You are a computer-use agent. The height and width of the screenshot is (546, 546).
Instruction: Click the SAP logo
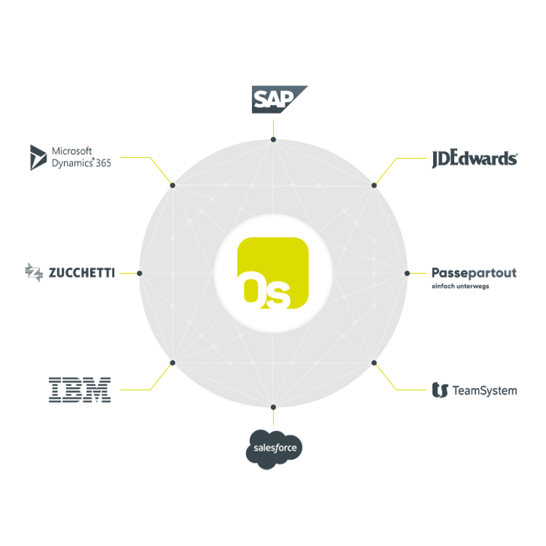pos(280,100)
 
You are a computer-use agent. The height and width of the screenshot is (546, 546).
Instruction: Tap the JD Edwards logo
pos(475,159)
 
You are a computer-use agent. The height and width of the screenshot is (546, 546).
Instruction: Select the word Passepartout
pos(474,273)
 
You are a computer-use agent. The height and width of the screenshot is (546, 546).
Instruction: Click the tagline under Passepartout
pos(460,286)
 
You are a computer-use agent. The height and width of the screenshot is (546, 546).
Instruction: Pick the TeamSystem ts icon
pos(440,390)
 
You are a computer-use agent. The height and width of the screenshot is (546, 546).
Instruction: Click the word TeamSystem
pos(485,391)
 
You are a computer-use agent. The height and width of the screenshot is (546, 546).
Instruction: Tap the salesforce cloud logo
pos(274,449)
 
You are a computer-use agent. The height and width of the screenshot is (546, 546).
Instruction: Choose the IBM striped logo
pos(79,390)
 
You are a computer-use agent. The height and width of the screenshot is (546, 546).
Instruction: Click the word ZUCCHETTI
pos(82,273)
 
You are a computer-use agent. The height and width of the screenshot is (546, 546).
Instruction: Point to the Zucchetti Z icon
pos(33,272)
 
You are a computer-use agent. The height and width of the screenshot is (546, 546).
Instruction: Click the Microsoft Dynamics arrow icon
pos(38,157)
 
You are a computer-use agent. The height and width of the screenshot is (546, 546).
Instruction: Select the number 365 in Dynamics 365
pos(103,163)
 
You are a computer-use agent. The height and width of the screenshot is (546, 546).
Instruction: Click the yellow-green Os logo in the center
pos(273,273)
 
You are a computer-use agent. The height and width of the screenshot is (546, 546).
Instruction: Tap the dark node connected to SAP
pos(273,140)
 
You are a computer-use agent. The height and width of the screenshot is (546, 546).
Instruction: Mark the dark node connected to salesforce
pos(273,407)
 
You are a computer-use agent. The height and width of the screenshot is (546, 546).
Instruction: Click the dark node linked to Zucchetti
pos(140,273)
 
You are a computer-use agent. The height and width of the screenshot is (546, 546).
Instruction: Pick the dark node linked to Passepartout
pos(407,273)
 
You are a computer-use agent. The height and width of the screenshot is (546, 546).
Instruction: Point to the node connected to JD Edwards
pos(374,185)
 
